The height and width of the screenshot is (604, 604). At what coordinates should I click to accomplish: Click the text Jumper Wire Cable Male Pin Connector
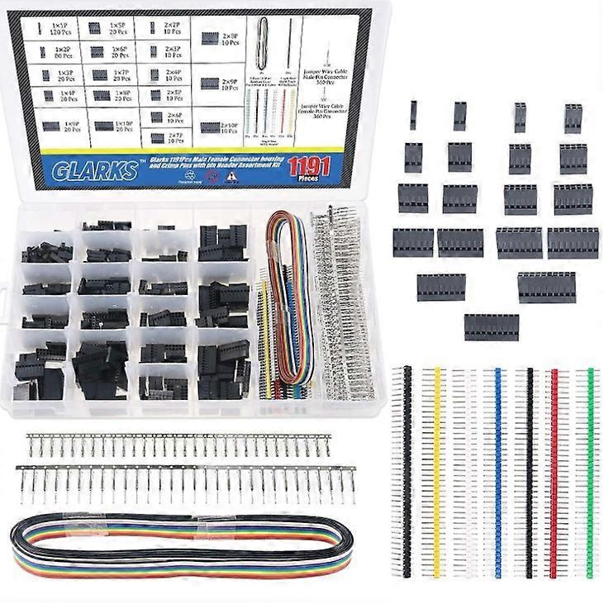(326, 76)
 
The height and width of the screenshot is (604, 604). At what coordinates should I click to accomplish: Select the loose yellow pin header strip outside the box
(438, 473)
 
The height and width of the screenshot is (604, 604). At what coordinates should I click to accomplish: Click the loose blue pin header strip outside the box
(498, 473)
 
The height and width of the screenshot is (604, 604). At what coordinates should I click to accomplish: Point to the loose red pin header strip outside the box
(554, 473)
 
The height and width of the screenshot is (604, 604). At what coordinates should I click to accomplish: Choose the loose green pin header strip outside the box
(590, 473)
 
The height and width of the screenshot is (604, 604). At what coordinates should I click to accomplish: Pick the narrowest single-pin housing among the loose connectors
(413, 115)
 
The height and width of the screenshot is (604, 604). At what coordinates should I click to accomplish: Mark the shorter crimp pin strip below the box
(178, 446)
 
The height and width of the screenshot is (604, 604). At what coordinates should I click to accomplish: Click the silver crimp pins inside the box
(343, 306)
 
